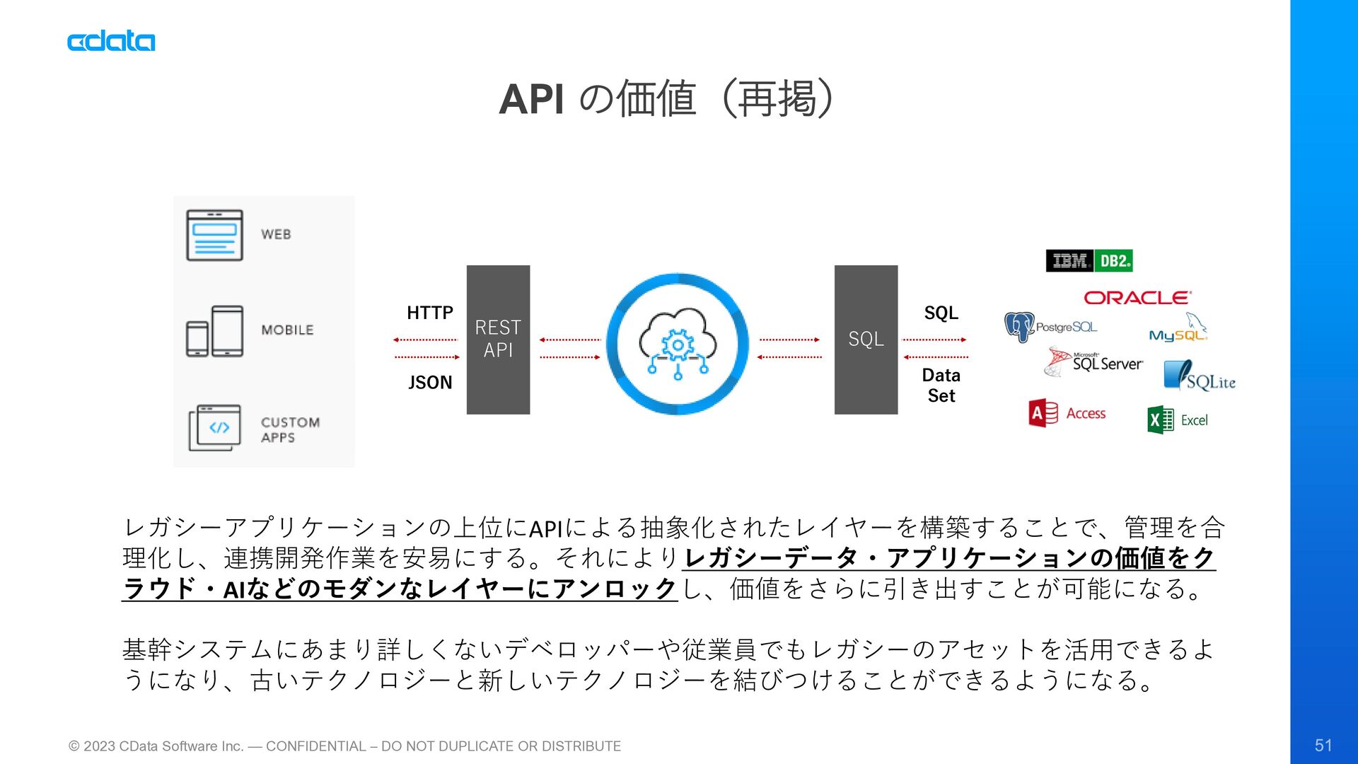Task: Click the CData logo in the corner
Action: (111, 41)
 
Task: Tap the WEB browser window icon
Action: (214, 235)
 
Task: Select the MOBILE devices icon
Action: (214, 330)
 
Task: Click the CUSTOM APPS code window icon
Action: (214, 427)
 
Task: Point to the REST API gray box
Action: (498, 340)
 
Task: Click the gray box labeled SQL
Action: (866, 340)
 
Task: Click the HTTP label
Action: (429, 313)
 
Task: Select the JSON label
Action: (429, 383)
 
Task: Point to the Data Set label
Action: (941, 386)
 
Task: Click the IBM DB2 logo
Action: (1089, 261)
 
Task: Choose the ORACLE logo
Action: (1137, 298)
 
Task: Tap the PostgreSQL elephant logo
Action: (1019, 327)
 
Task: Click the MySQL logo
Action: (1178, 331)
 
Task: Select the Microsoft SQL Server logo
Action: (1093, 361)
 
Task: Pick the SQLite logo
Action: (1200, 376)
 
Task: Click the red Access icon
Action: (1043, 413)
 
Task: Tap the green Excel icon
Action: (1160, 420)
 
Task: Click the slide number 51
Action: (1323, 745)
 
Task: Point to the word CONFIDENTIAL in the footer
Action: (315, 746)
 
